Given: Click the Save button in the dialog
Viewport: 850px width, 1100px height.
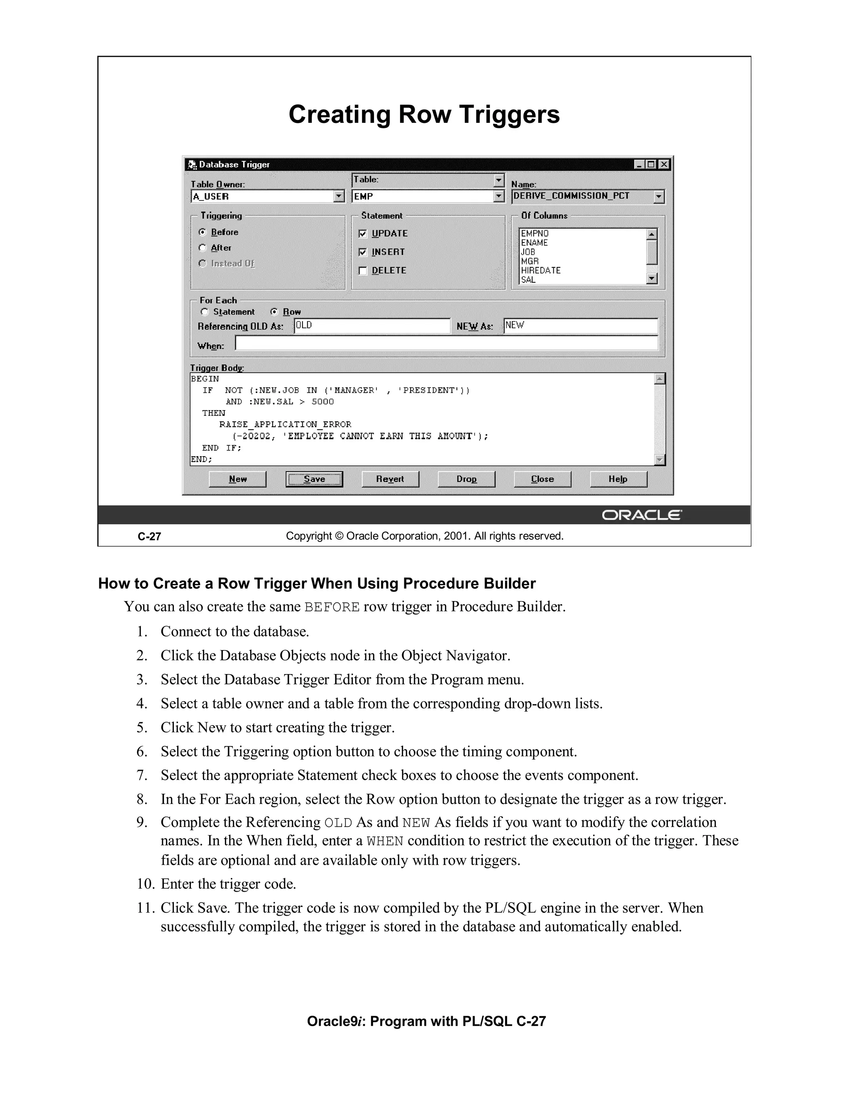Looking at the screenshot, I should coord(314,479).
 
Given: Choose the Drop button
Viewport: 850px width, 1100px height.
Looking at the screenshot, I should coord(466,479).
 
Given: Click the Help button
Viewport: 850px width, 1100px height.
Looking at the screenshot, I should coord(618,479).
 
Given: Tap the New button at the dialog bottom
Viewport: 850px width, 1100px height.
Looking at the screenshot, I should coord(238,479).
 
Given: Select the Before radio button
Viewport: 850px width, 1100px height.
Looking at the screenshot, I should coord(203,232).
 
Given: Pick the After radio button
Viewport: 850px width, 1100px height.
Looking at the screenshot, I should coord(203,248).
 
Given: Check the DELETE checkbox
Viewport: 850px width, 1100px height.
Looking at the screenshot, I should coord(363,271).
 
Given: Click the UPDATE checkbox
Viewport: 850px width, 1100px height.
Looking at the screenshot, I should coord(363,234).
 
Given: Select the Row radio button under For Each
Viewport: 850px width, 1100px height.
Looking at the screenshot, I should coord(274,312).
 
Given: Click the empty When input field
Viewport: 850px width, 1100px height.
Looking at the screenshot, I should coord(446,344).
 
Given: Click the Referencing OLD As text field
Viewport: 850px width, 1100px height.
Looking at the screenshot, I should coord(371,326).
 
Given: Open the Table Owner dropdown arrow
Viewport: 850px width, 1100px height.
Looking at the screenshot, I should coord(340,196).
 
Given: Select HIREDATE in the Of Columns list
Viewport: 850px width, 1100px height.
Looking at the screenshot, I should coord(541,271).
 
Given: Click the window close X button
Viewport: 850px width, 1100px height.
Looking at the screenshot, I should coord(664,164).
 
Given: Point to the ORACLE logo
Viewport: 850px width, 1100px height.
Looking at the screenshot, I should coord(642,515).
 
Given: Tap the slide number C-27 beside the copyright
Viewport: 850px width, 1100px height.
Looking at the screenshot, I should coord(149,536).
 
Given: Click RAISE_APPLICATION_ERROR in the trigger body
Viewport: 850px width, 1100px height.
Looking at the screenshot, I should coord(285,424).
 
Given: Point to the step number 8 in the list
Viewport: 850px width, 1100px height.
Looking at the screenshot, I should coord(142,799).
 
